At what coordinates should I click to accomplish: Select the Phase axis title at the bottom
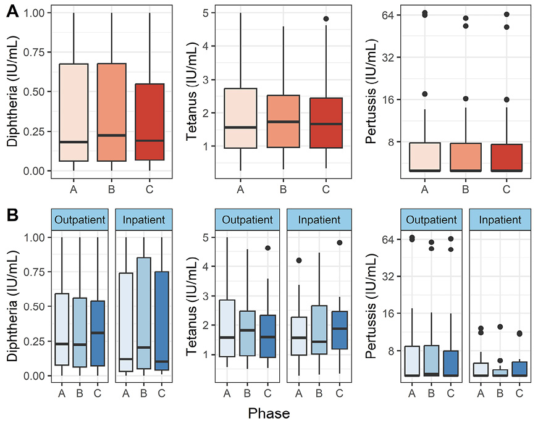pos(269,412)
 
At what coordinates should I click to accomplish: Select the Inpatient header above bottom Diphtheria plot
pos(143,220)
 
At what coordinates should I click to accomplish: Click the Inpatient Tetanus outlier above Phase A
pos(298,261)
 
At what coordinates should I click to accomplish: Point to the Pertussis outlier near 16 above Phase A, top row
pos(424,94)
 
